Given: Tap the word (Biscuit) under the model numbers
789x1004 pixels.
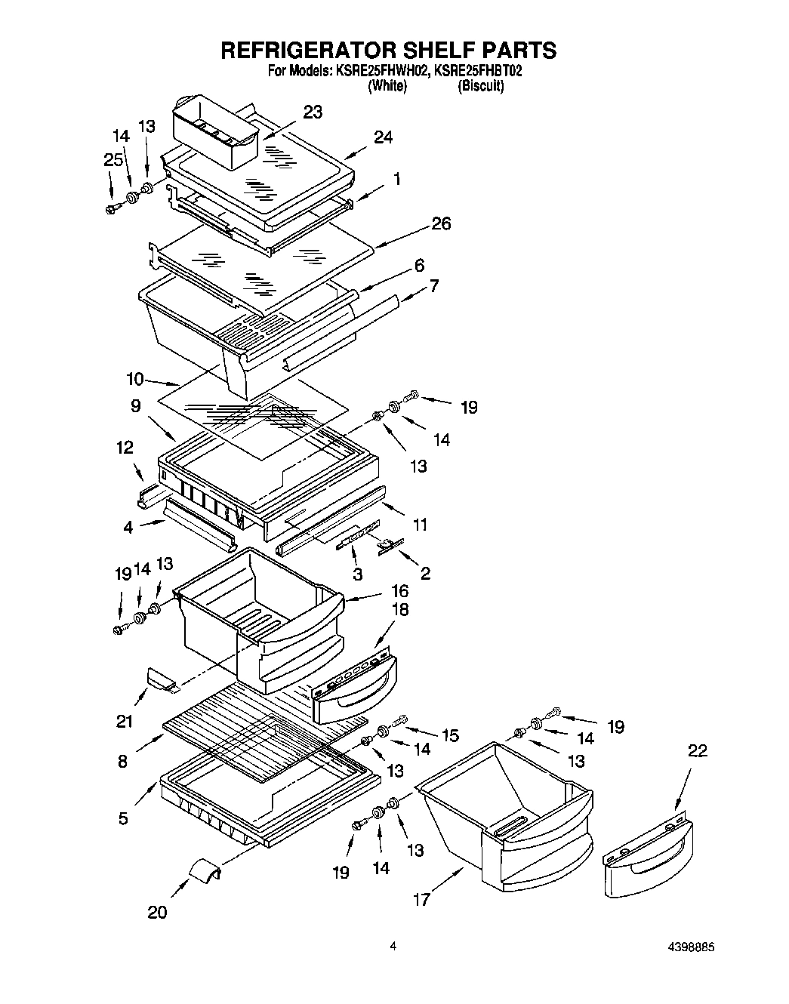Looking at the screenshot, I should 480,86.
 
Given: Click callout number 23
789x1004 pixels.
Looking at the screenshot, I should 313,112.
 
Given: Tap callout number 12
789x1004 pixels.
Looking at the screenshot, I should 125,449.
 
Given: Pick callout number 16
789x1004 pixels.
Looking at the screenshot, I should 399,590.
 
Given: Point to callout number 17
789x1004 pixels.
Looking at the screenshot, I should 421,900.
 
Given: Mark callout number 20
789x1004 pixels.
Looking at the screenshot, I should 157,913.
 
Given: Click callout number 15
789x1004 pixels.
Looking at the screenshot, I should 450,734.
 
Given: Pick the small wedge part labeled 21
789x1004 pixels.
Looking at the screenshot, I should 161,679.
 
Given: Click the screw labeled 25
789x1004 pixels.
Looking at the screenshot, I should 112,208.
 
